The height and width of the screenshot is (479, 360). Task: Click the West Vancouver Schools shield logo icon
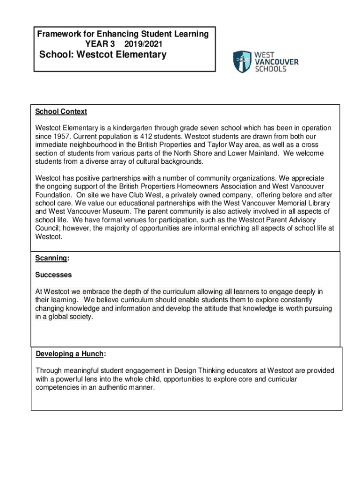pos(242,61)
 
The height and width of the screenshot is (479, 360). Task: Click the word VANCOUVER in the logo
pos(276,62)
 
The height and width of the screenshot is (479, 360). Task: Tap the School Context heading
pos(61,112)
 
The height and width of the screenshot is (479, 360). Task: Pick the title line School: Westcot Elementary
pos(102,55)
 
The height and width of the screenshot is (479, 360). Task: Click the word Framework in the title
pos(58,34)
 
